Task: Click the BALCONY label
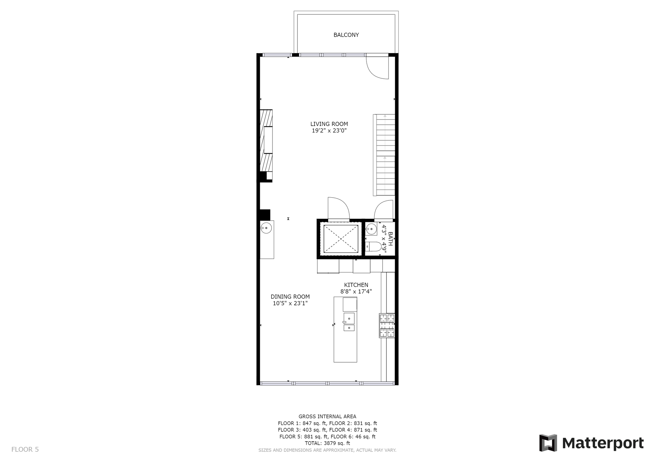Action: [346, 35]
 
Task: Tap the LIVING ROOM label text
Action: [329, 124]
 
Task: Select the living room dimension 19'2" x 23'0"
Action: [329, 131]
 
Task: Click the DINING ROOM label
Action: [290, 297]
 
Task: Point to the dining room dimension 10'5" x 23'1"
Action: [290, 303]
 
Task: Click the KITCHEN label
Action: [356, 285]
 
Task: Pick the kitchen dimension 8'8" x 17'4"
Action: [356, 292]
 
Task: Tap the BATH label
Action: [390, 239]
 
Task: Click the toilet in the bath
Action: [374, 247]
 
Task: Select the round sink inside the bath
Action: [371, 229]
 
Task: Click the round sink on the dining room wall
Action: [266, 228]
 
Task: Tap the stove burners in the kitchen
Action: [387, 326]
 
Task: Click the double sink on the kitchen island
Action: [349, 322]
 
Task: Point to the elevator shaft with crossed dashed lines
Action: [341, 239]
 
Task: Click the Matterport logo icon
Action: [548, 443]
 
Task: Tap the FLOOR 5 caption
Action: [25, 450]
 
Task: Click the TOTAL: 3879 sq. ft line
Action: [327, 443]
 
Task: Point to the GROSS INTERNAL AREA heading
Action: [327, 416]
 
